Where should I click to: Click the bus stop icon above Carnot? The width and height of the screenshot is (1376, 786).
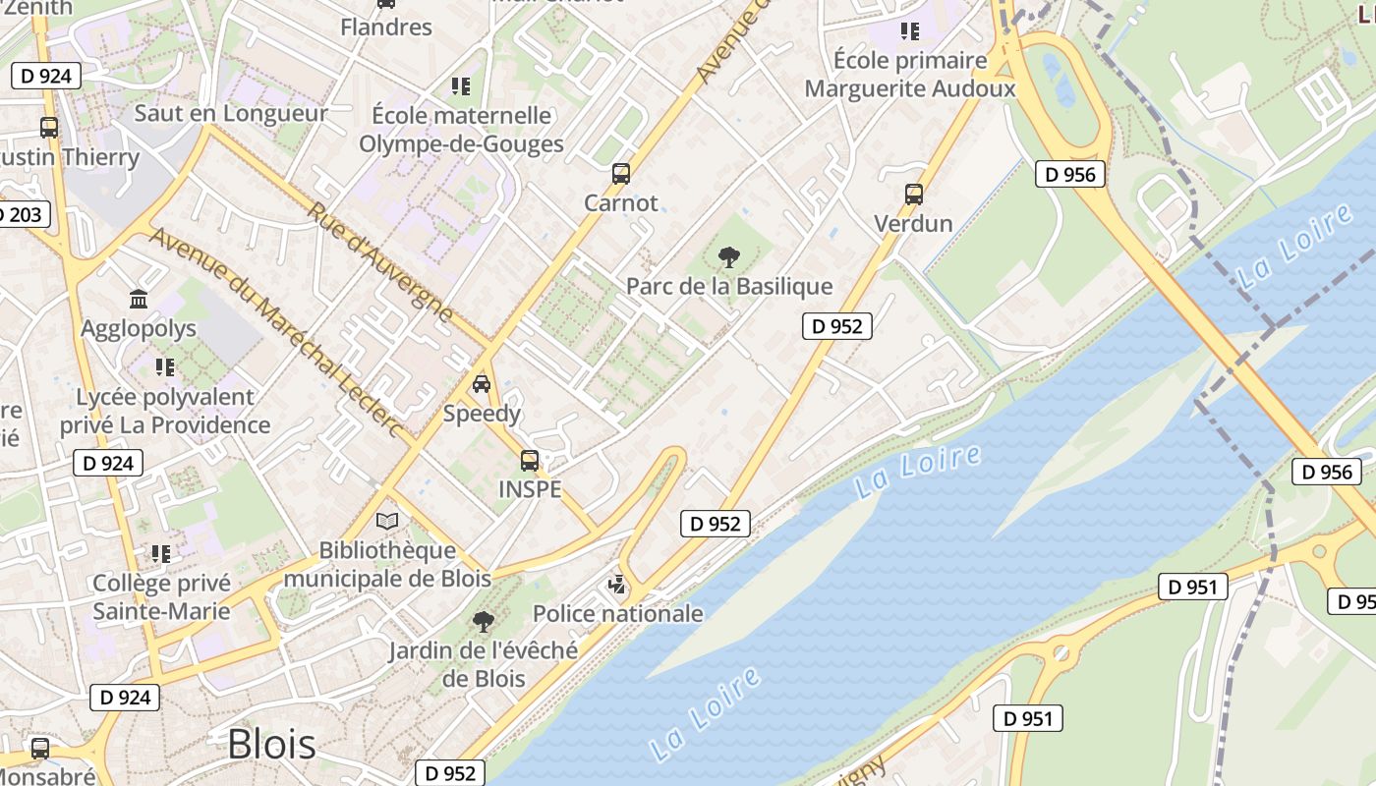[620, 174]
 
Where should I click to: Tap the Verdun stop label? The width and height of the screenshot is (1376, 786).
[913, 223]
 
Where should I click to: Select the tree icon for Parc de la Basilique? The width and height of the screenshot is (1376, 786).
[728, 257]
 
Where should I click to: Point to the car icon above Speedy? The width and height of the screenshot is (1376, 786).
[482, 383]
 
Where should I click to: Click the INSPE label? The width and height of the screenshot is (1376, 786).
[530, 489]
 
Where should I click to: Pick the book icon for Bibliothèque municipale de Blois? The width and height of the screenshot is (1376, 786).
[388, 521]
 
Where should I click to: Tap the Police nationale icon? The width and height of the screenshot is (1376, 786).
[617, 586]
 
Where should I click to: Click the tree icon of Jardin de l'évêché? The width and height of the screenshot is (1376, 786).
[483, 621]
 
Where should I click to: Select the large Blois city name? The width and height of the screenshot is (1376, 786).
[271, 745]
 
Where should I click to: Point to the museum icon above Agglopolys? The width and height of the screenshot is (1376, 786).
[139, 299]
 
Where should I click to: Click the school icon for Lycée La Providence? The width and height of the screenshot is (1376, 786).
[165, 367]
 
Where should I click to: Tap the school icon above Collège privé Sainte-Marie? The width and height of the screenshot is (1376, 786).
[161, 554]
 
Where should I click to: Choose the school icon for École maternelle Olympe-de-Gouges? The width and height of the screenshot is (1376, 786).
[460, 86]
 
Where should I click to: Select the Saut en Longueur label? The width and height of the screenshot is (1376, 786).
[231, 113]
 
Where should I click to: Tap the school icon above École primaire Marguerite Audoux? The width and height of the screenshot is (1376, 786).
[909, 31]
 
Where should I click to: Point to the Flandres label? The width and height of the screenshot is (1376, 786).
[386, 27]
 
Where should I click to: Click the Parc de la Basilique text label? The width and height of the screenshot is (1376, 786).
[729, 287]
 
